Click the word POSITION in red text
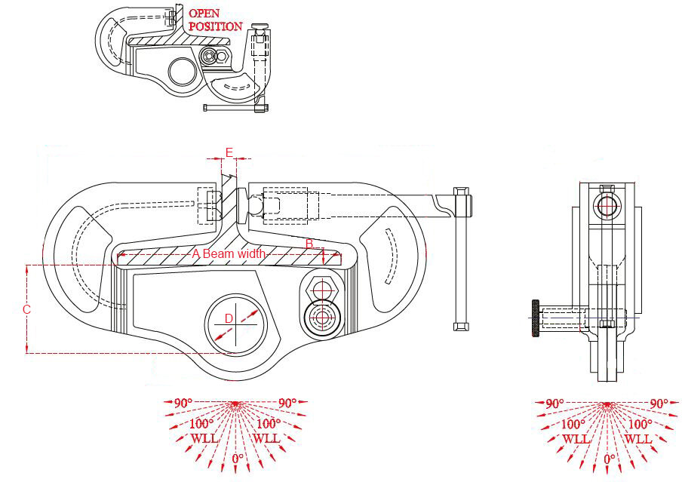pos(215,26)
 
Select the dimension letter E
pos(229,152)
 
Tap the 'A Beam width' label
pos(229,254)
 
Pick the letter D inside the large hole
pos(229,319)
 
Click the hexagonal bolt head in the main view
pos(323,288)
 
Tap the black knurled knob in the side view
pos(535,318)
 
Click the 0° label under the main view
pos(237,458)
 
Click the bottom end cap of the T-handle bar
pos(459,326)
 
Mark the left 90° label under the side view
pos(555,404)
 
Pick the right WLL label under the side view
pos(638,438)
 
